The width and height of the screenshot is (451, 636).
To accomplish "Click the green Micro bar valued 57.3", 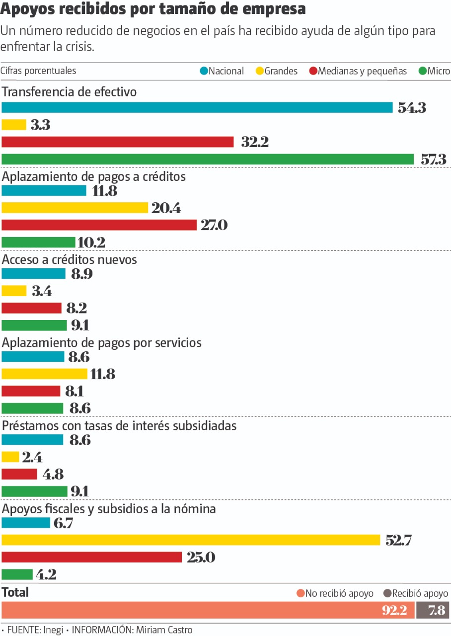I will (x=208, y=159).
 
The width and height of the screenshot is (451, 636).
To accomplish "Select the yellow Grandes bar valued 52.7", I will (x=191, y=540).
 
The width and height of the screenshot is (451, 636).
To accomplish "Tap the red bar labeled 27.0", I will (x=99, y=225).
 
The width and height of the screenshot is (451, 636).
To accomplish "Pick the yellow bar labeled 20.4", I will (x=75, y=208).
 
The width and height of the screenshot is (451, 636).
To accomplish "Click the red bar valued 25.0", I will (x=92, y=557).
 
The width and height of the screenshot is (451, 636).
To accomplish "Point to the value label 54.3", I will (x=412, y=108).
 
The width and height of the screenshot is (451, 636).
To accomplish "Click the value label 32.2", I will (x=255, y=142).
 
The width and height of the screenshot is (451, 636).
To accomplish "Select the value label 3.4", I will (x=42, y=291).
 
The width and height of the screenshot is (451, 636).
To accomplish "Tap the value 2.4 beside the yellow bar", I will (x=32, y=457).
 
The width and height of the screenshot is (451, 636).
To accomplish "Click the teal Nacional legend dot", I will (x=204, y=71).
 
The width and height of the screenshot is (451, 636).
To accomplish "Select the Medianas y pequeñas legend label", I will (x=362, y=71).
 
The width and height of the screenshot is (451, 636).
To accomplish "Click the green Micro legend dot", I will (x=423, y=71).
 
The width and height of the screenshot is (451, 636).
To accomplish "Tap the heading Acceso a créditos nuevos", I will (x=70, y=260).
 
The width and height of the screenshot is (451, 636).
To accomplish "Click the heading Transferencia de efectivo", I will (x=69, y=92).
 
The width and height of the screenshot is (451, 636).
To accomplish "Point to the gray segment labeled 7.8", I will (x=433, y=610).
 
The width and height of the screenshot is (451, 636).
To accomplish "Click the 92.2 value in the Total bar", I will (x=394, y=610).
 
